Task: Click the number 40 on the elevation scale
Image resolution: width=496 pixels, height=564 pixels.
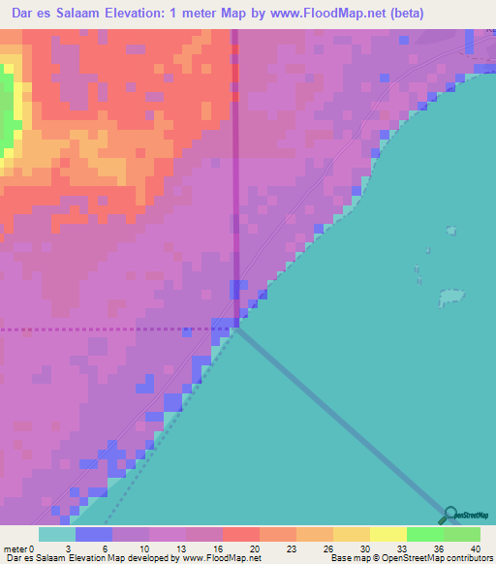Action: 476,548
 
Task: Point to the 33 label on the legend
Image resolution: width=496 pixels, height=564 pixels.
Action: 402,548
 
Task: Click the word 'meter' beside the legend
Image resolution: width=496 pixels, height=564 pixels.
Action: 15,548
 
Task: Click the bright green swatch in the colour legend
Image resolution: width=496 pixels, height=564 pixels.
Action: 424,534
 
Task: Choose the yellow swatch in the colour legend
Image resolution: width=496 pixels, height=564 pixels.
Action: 387,534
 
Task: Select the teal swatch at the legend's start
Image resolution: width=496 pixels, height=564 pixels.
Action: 56,534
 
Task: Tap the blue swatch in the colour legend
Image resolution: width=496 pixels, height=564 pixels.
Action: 93,534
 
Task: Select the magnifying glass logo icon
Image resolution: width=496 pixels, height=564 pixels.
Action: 449,516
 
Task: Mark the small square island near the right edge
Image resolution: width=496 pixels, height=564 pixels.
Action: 449,231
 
